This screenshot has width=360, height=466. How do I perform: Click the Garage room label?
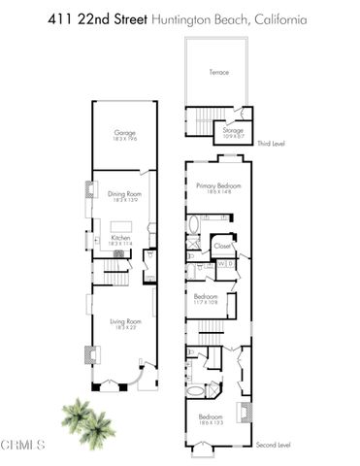click(x=123, y=133)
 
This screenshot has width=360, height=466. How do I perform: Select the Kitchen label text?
click(x=121, y=237)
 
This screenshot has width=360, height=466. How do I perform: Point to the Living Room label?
click(x=122, y=322)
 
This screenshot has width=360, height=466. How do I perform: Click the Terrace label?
click(x=219, y=72)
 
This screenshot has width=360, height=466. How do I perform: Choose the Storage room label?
click(x=233, y=128)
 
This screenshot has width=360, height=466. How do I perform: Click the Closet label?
click(x=222, y=247)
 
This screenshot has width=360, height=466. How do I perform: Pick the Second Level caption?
click(x=274, y=446)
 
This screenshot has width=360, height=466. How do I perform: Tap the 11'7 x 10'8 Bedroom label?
click(x=206, y=297)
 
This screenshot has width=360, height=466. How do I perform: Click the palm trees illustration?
click(x=81, y=415)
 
